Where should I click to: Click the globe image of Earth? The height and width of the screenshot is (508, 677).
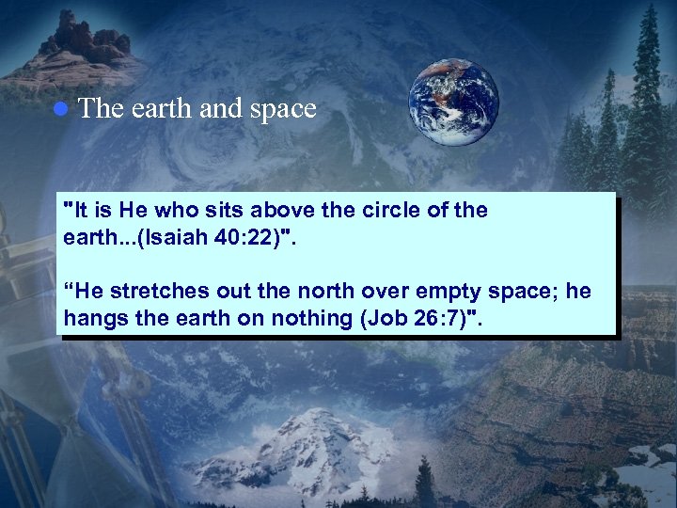[x=453, y=103]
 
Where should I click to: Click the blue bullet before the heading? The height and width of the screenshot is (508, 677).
[x=59, y=109]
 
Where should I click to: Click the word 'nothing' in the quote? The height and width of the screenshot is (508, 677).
[x=312, y=318]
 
